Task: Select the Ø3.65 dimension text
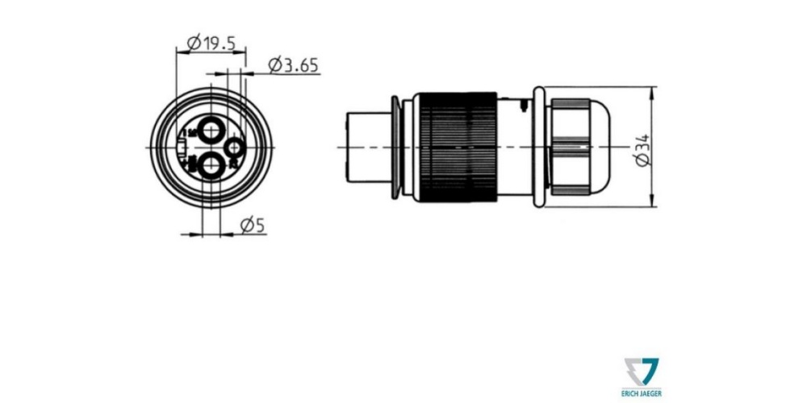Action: (293, 65)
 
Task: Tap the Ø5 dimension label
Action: (253, 226)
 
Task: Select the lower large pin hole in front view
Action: (212, 167)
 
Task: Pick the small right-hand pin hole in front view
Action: (235, 148)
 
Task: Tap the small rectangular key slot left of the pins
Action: (182, 148)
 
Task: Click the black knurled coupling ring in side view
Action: (456, 148)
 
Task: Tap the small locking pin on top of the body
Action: (525, 103)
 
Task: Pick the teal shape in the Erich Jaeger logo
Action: (650, 369)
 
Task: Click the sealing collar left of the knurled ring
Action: (395, 148)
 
